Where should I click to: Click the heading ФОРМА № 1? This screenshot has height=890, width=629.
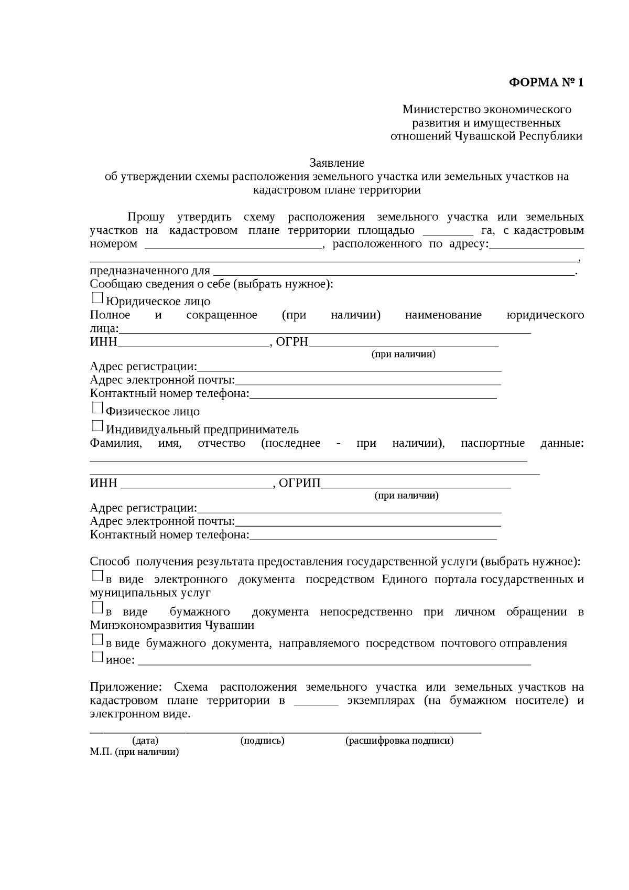pyautogui.click(x=546, y=83)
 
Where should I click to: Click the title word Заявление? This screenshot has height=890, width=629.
pyautogui.click(x=337, y=163)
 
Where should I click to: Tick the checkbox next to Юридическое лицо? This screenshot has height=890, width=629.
pyautogui.click(x=97, y=298)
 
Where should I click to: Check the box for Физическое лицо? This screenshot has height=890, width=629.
pyautogui.click(x=97, y=408)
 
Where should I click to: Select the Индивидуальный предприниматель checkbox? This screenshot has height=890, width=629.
pyautogui.click(x=97, y=426)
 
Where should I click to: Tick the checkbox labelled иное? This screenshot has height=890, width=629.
pyautogui.click(x=97, y=657)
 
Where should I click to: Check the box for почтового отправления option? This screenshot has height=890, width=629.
pyautogui.click(x=97, y=640)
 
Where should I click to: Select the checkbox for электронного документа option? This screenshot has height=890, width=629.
pyautogui.click(x=97, y=576)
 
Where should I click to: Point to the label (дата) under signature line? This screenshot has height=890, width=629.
pyautogui.click(x=145, y=741)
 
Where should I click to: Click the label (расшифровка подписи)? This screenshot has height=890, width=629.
pyautogui.click(x=399, y=741)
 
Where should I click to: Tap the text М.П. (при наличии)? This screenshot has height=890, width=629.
pyautogui.click(x=134, y=752)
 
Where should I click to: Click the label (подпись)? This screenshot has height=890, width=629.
pyautogui.click(x=262, y=741)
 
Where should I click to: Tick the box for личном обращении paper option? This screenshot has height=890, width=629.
pyautogui.click(x=97, y=608)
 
